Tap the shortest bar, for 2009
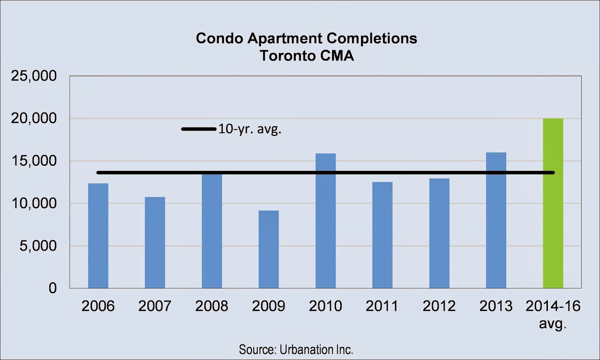(268, 249)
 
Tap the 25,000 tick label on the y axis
(34, 76)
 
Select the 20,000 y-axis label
(34, 118)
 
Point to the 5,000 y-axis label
(38, 246)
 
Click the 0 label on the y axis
(52, 288)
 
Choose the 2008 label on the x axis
(211, 306)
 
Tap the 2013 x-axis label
(496, 306)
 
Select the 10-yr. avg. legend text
(250, 129)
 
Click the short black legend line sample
(198, 129)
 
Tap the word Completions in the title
(372, 38)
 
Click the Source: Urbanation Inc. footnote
(296, 349)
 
